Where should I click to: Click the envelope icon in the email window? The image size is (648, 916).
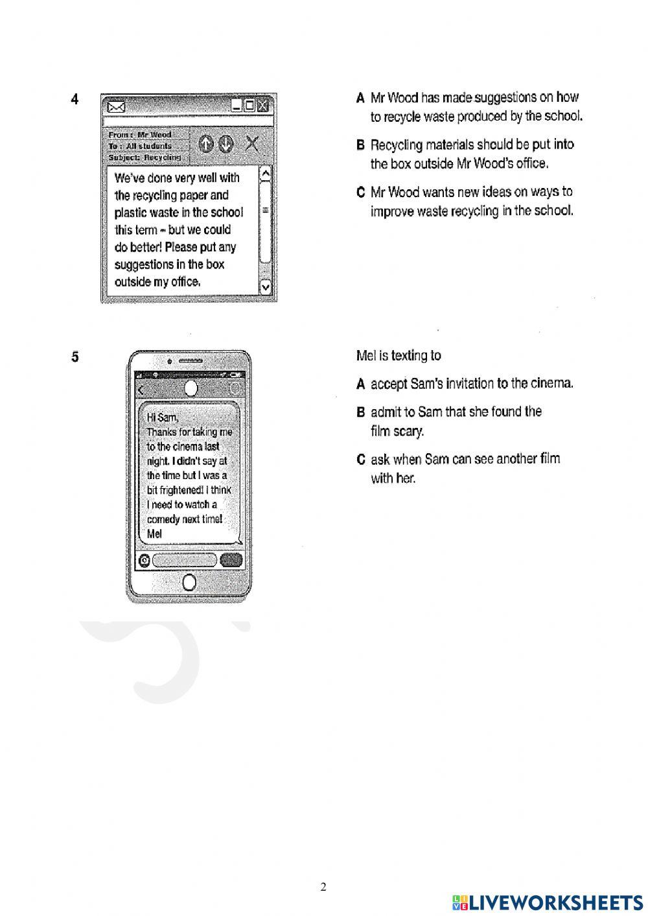117,106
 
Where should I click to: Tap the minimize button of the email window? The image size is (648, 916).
237,106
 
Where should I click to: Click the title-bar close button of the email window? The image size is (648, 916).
262,106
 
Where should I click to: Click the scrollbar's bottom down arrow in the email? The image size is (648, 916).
266,286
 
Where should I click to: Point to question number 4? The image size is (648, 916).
75,99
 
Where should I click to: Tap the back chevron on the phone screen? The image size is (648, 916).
141,389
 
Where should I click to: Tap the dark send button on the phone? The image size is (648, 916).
231,560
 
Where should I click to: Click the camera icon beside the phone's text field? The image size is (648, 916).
145,561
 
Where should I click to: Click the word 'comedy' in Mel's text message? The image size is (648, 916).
164,519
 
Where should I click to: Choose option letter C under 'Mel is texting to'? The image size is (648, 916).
361,460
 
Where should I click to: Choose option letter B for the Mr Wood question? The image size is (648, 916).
361,145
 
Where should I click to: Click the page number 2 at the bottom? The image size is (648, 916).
323,886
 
